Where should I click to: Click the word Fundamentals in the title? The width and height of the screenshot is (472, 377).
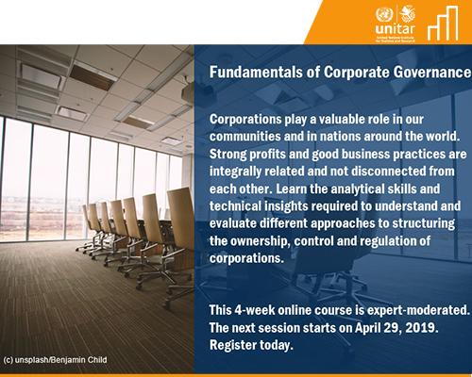pos(256,72)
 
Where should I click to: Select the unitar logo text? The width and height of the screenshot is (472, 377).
pos(395,29)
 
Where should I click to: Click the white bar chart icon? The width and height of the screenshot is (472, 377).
pos(443,23)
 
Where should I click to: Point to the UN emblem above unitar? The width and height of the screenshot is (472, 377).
pos(384,14)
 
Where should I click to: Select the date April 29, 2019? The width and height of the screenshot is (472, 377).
pos(396,328)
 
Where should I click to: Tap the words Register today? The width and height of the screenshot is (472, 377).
pos(251,345)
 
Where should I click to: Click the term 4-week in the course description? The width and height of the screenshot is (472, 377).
pos(254,310)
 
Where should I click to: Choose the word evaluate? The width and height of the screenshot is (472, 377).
pos(233,223)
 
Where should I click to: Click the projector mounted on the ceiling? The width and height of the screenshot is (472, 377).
pos(188,91)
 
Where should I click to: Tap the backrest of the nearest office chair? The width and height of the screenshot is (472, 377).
pos(180,215)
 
